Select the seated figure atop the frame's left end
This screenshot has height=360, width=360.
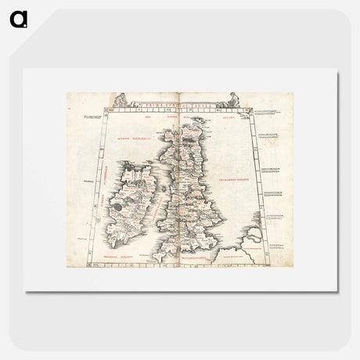click(x=121, y=100)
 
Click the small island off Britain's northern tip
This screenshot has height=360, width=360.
click(x=197, y=120)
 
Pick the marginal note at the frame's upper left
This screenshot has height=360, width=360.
click(x=92, y=117)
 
